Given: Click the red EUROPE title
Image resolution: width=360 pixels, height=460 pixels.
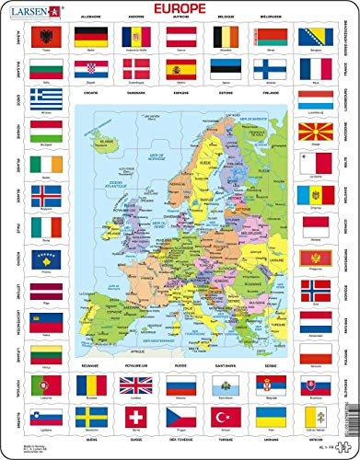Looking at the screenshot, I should [180, 11].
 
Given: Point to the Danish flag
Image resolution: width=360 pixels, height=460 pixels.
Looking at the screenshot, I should [136, 69].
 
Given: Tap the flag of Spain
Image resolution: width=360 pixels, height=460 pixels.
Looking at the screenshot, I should [179, 69].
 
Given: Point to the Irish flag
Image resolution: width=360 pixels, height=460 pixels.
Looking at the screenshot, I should [44, 164].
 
